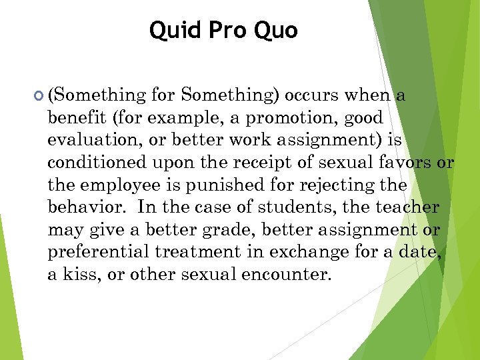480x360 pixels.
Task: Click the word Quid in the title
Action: coord(170,30)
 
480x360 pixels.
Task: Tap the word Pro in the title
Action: coord(225,30)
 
